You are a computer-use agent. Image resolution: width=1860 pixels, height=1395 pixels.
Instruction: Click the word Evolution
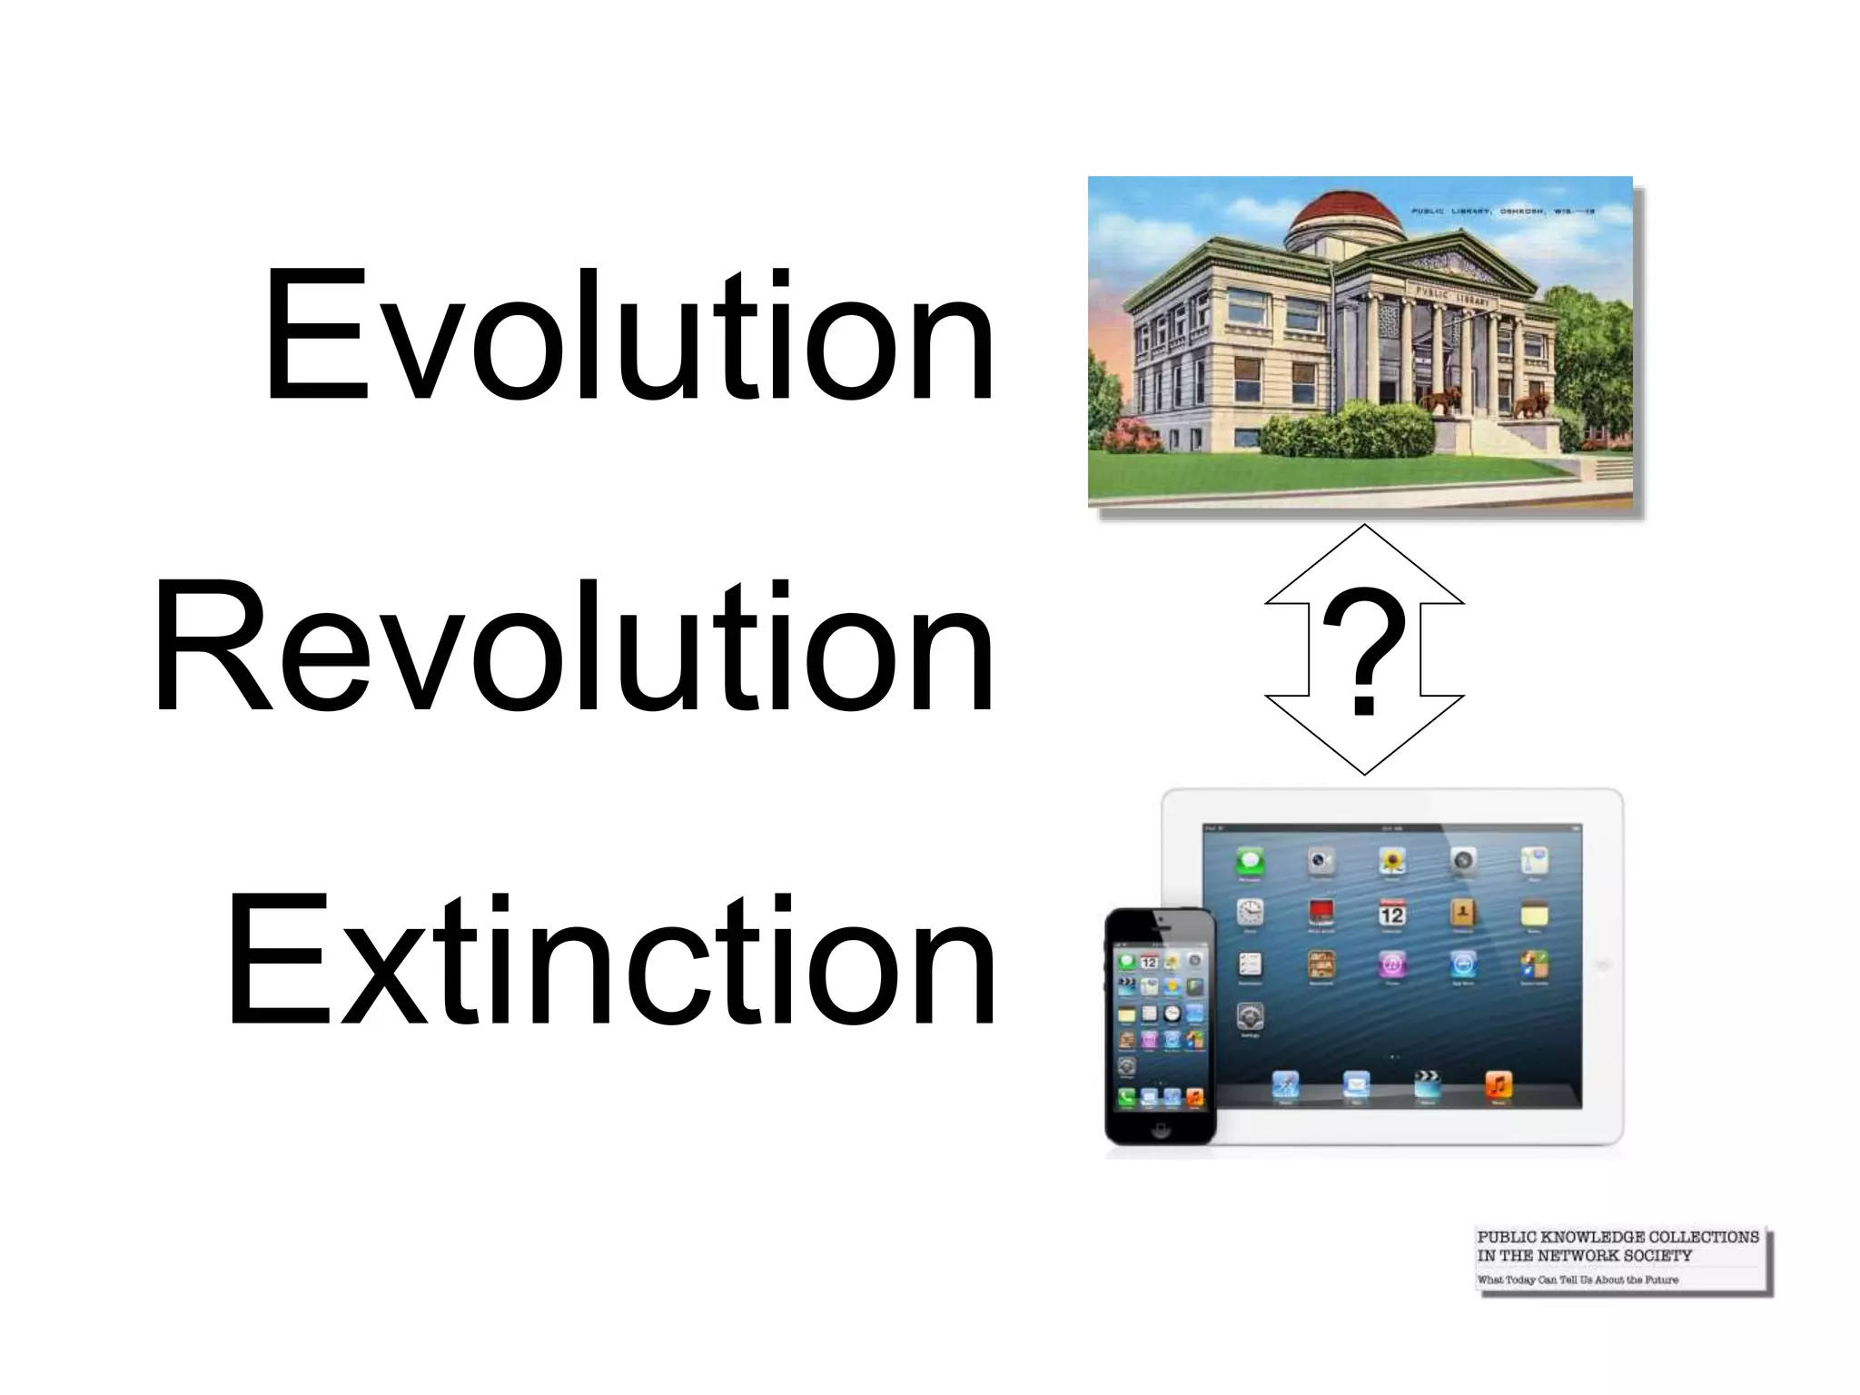[x=628, y=334]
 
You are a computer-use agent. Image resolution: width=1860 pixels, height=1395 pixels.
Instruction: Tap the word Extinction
[x=610, y=960]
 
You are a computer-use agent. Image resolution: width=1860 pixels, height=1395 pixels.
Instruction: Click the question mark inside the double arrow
[x=1363, y=649]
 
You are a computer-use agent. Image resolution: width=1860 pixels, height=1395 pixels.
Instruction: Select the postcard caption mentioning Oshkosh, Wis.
[x=1502, y=211]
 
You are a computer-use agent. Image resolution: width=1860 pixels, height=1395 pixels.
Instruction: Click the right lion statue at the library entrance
[x=1533, y=403]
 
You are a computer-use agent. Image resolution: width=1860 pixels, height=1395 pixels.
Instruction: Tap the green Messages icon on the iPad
[x=1251, y=861]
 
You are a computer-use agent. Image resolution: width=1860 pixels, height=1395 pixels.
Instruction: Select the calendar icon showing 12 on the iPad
[x=1391, y=912]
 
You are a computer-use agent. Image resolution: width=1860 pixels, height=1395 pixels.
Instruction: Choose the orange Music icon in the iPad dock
[x=1498, y=1084]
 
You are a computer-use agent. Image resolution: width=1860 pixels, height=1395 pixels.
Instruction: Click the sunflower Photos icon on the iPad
[x=1391, y=861]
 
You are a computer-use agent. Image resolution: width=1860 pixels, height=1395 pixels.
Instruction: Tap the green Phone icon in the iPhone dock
[x=1127, y=1098]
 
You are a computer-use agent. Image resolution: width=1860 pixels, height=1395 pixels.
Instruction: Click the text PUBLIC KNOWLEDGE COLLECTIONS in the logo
[x=1618, y=1237]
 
